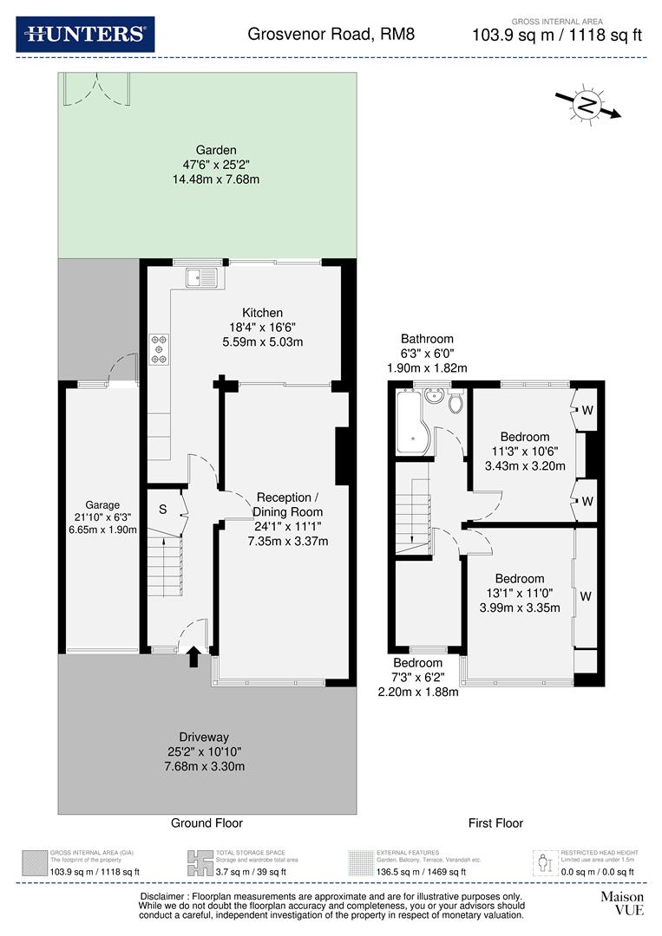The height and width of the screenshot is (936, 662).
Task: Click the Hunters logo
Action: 85,35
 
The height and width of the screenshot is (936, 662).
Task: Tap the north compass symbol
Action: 588,106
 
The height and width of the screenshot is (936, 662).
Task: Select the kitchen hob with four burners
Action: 160,348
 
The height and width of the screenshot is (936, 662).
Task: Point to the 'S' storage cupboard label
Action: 162,510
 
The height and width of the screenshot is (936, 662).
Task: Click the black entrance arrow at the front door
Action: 193,658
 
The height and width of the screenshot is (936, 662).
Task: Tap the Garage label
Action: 102,505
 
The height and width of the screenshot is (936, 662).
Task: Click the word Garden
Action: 216,150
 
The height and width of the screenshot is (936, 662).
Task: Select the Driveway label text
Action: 206,737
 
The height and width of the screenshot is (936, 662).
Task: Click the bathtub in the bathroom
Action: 414,422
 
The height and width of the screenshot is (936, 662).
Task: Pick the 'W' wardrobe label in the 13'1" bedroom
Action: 586,596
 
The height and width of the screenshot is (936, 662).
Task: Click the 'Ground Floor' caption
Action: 206,823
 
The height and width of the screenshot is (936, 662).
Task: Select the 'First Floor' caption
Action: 495,823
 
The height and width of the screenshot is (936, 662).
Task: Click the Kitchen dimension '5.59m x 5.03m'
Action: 261,341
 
